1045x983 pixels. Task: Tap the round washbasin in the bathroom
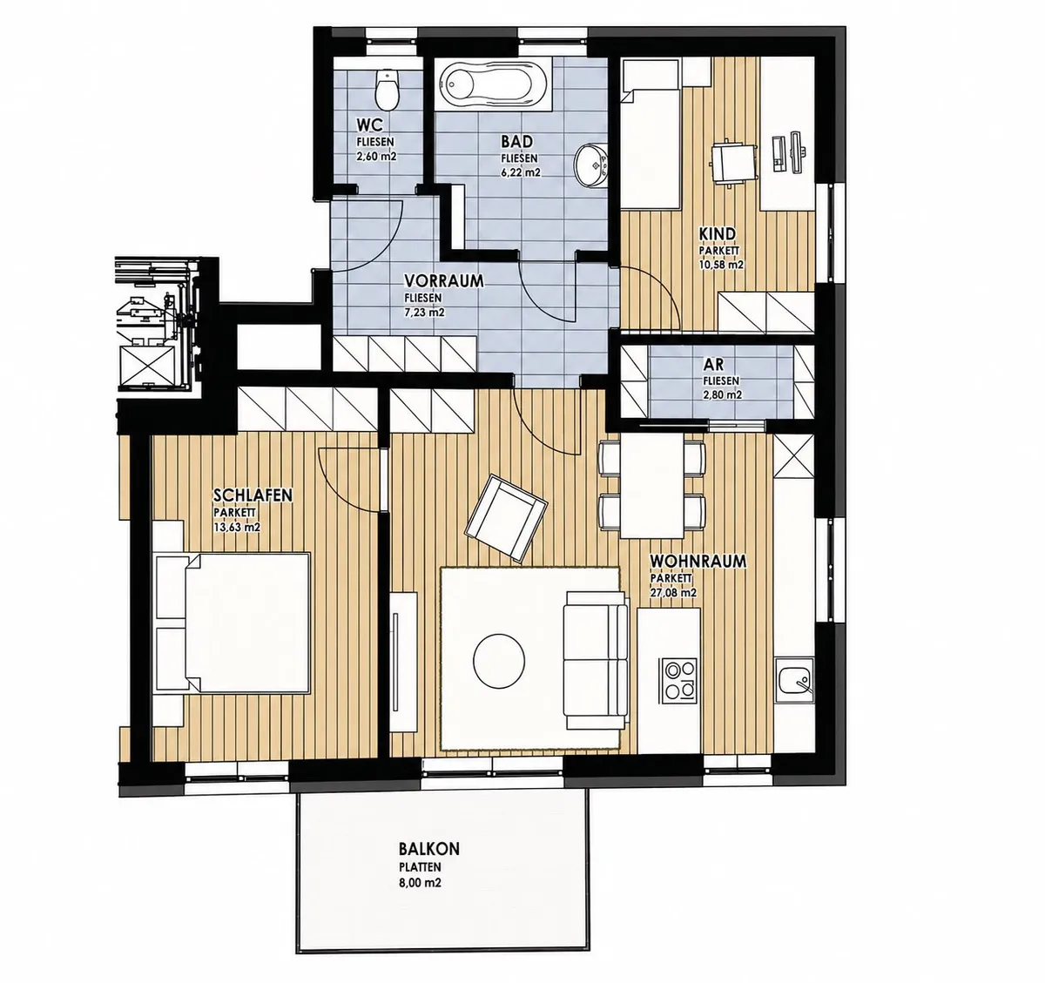[590, 165]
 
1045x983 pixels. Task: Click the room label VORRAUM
[443, 280]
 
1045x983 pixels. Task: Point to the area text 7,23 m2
[424, 313]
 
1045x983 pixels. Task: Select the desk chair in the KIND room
[728, 162]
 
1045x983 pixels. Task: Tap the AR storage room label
[713, 364]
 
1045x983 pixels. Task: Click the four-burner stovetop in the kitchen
[680, 680]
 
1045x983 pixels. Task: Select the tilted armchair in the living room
[506, 518]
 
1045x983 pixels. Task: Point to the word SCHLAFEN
[253, 495]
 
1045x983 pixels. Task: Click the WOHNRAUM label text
[698, 562]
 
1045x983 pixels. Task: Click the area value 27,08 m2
[673, 593]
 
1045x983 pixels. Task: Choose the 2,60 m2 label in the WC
[376, 157]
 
